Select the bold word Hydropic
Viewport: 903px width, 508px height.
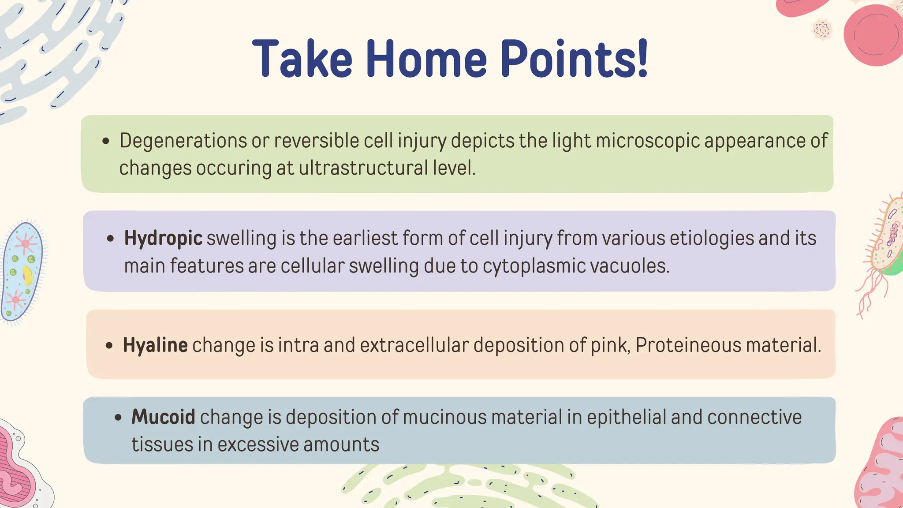click(163, 239)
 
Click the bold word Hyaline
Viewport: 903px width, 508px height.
click(155, 345)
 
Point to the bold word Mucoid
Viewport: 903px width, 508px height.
click(163, 417)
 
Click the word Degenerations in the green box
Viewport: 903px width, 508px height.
click(183, 141)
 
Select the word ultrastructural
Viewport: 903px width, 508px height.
click(363, 168)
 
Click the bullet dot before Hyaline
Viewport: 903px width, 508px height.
click(109, 346)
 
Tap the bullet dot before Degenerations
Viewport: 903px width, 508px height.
click(105, 142)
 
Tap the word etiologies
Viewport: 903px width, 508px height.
click(711, 239)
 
